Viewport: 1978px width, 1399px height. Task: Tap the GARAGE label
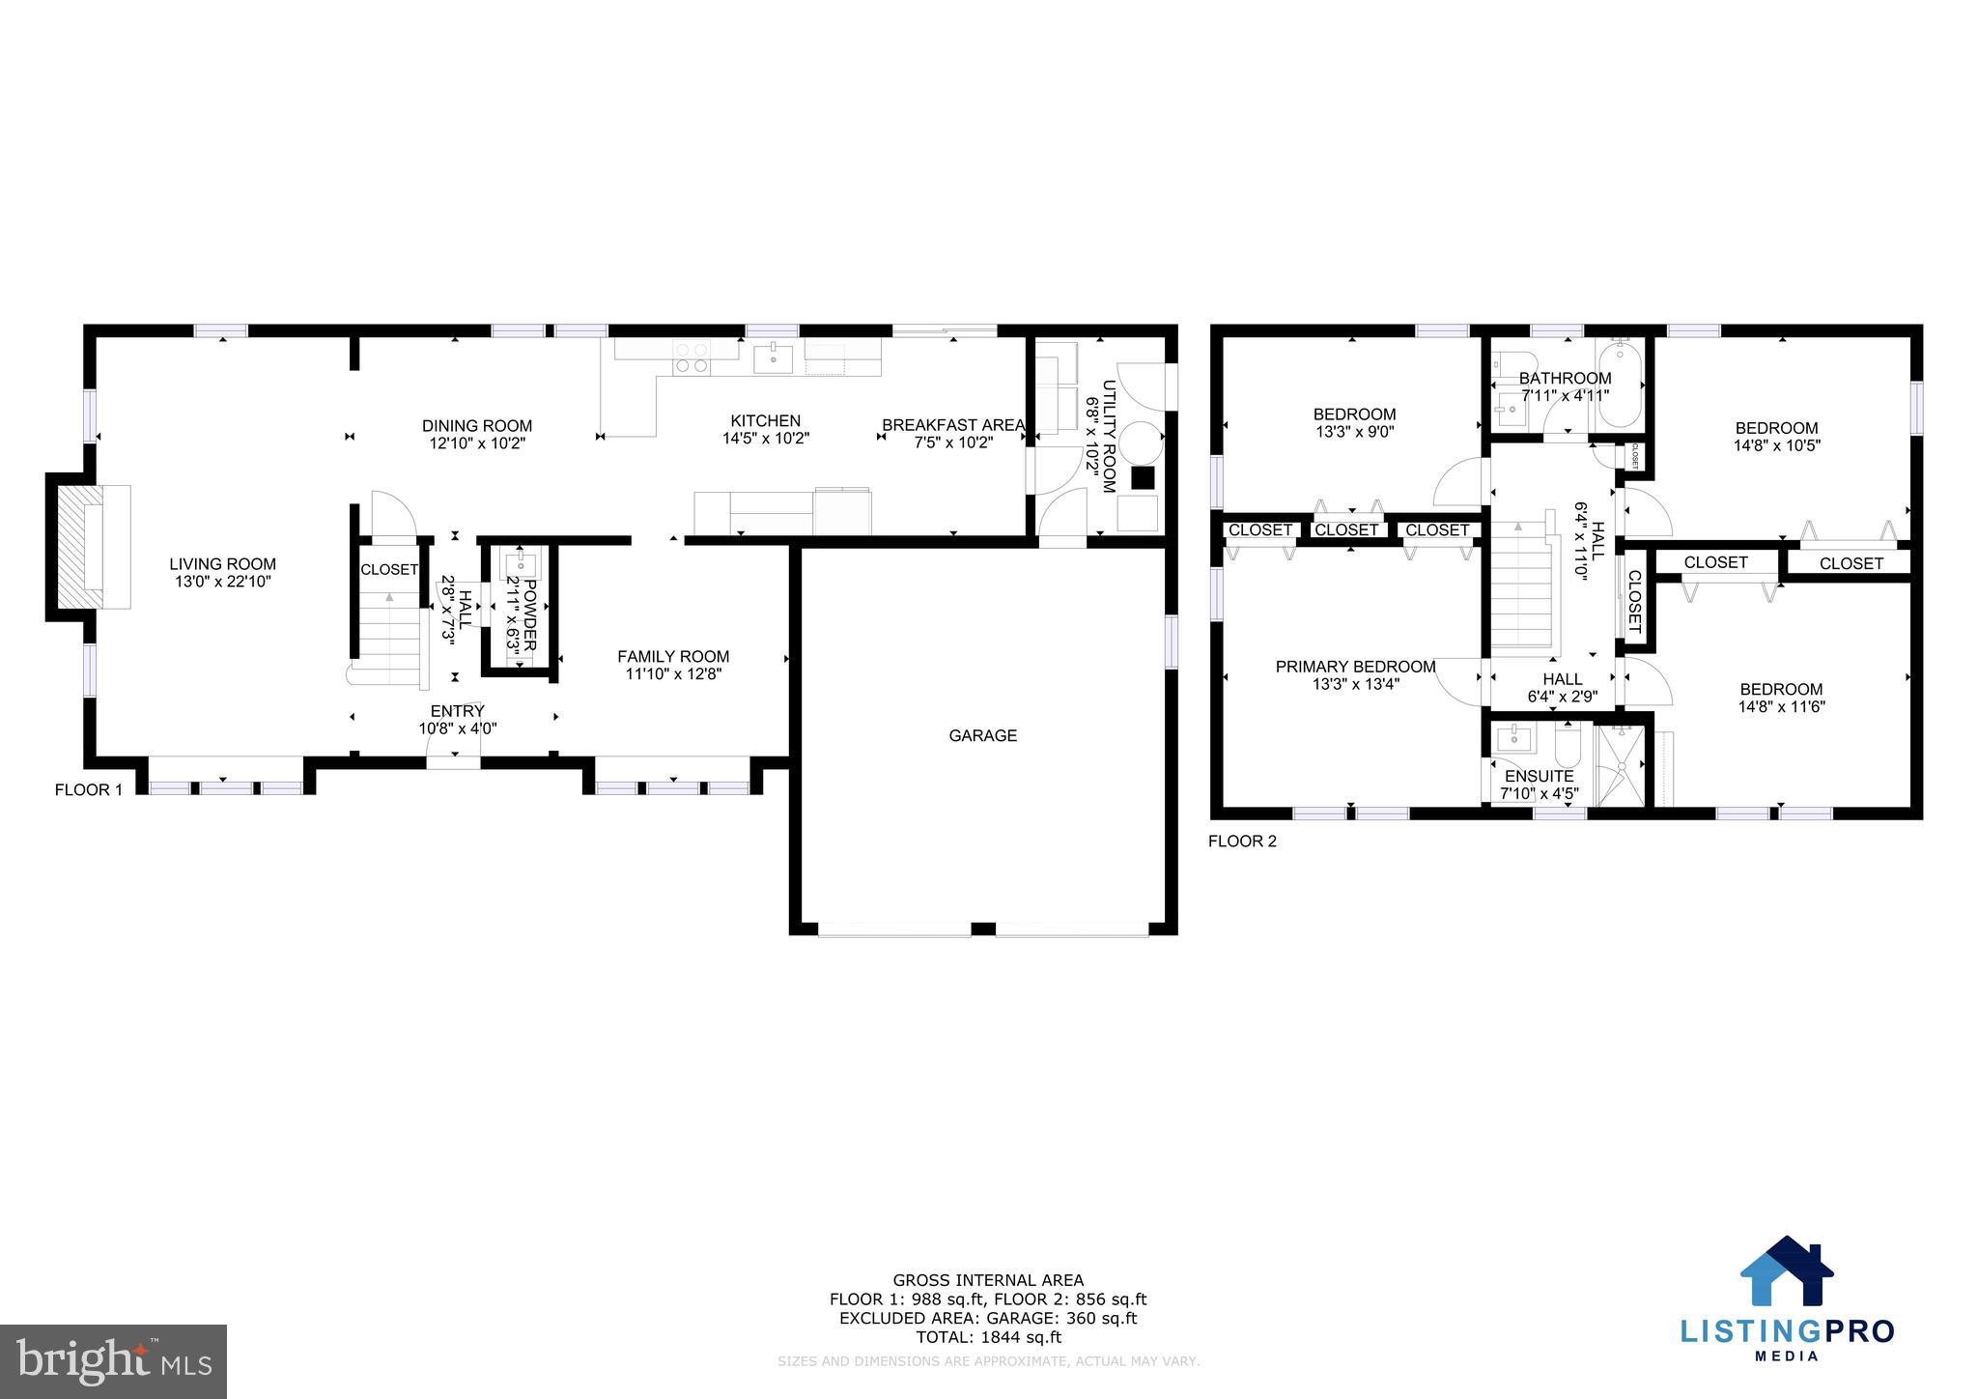tap(982, 736)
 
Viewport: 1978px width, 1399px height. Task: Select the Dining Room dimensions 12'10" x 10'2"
tap(477, 443)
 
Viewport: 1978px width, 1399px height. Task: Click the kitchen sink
tap(773, 358)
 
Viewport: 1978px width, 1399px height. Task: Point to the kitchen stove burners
tap(692, 357)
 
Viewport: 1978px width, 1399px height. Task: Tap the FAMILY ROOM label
tap(673, 657)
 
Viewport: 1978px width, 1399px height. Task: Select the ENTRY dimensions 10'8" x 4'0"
tap(458, 728)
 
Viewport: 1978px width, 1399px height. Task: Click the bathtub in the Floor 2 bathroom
tap(1619, 397)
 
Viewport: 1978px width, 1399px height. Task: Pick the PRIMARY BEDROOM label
tap(1355, 667)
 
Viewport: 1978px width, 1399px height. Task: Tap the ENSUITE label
tap(1539, 777)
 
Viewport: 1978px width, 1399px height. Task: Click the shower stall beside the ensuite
tap(1621, 766)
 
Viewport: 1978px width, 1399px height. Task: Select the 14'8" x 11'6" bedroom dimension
tap(1781, 706)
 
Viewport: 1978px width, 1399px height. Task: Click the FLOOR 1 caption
tap(89, 790)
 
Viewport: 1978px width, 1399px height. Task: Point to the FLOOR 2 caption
tap(1242, 842)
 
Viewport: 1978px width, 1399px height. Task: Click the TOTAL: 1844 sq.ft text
tap(988, 1337)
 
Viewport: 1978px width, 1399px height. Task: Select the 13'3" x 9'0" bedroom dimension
tap(1354, 432)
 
